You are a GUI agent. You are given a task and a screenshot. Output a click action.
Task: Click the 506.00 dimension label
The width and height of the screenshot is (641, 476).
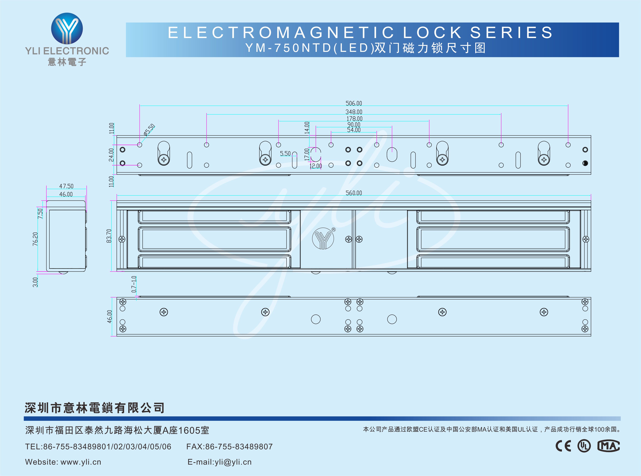[x=354, y=103]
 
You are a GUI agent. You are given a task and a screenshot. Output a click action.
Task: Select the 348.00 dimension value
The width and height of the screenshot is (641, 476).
[x=354, y=112]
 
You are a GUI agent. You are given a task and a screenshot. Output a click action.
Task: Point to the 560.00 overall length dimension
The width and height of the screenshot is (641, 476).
[x=354, y=193]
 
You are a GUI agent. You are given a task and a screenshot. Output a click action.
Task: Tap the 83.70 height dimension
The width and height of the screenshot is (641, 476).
[x=109, y=236]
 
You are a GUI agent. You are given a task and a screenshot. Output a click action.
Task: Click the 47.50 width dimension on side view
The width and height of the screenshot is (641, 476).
[x=66, y=186]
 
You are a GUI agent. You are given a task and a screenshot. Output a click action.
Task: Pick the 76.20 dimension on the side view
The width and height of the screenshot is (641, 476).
[x=35, y=239]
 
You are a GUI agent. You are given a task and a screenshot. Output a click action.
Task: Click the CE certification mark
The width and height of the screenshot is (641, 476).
[x=563, y=446]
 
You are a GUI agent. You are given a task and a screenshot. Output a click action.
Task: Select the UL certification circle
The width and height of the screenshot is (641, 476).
[x=584, y=446]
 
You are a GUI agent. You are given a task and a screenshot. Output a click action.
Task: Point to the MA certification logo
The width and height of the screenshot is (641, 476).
[x=608, y=446]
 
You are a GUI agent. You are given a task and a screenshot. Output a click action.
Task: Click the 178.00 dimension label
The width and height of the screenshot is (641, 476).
[x=354, y=119]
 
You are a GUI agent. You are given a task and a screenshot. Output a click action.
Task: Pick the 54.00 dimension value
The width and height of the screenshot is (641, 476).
[x=354, y=130]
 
